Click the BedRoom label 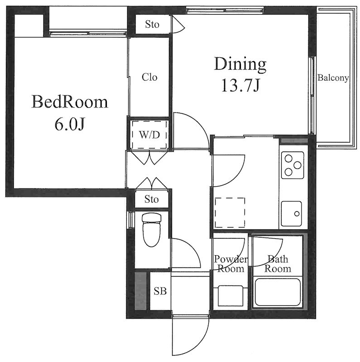(70, 102)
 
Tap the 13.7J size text (240, 85)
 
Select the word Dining (240, 64)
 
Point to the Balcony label (333, 78)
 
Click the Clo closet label (149, 77)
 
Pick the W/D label (149, 134)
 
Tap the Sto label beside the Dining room (152, 24)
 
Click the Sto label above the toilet (152, 199)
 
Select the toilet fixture (152, 230)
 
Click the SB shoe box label (160, 291)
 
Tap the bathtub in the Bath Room (278, 292)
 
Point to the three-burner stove (293, 165)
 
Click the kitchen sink (291, 214)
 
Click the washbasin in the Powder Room (230, 296)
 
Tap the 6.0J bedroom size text (69, 125)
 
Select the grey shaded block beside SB (141, 291)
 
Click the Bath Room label (278, 264)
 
